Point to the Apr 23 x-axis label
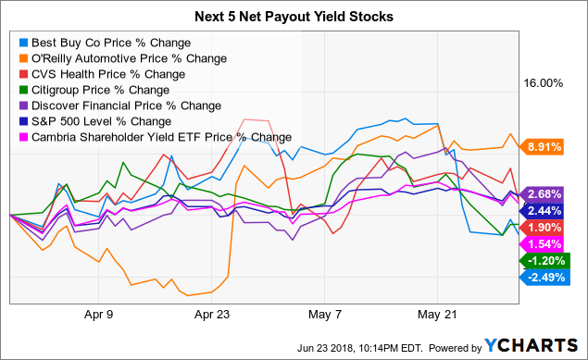coord(213,314)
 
